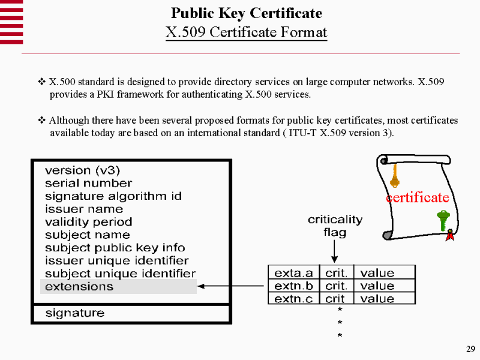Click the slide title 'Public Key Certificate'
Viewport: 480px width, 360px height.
click(246, 13)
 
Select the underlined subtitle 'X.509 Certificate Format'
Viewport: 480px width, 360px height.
click(246, 31)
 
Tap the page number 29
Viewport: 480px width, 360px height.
click(470, 349)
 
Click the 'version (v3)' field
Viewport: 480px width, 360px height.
click(83, 170)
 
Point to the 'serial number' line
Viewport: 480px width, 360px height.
click(88, 183)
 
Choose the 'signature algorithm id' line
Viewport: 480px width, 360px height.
click(113, 196)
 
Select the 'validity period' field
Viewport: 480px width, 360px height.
click(88, 222)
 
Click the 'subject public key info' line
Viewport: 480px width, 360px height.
click(115, 248)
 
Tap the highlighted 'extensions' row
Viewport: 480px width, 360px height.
click(118, 286)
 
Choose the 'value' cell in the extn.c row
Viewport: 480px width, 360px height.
click(377, 299)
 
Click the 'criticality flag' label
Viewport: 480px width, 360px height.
click(335, 226)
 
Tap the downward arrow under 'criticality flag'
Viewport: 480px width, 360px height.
click(335, 250)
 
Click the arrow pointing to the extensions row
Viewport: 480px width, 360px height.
click(232, 286)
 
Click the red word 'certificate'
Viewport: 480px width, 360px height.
click(418, 197)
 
